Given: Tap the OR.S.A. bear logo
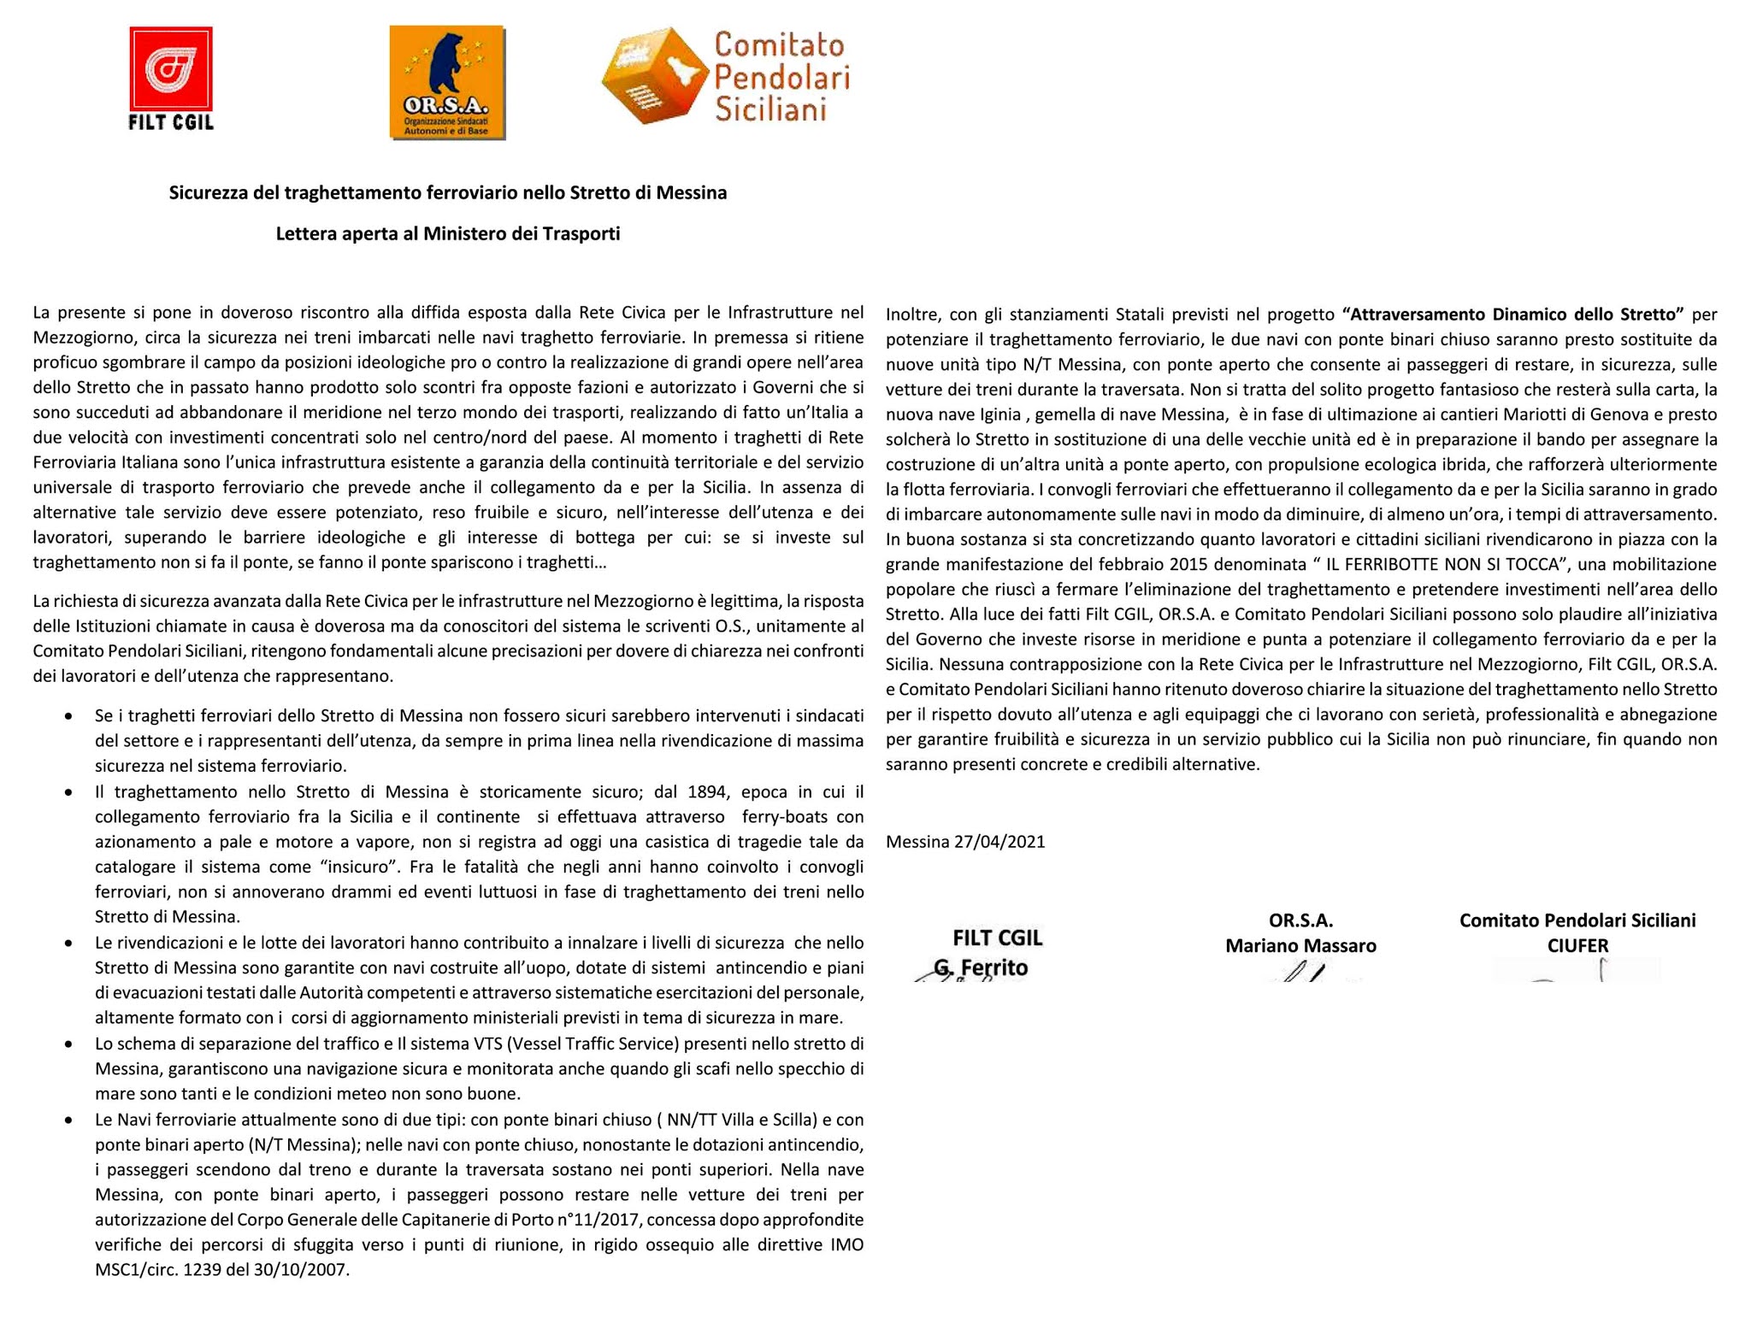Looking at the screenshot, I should point(447,82).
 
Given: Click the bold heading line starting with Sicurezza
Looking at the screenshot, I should point(447,193).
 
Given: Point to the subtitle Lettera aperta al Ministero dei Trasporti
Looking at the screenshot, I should point(447,234).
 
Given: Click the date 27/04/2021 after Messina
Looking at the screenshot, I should point(999,842).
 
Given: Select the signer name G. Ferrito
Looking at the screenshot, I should point(981,968).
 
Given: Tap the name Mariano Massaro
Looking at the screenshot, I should point(1300,946).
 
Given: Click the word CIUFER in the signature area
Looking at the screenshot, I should point(1577,946).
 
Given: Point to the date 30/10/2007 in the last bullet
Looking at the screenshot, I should point(301,1270).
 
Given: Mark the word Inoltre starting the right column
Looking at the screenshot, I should point(913,315).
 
